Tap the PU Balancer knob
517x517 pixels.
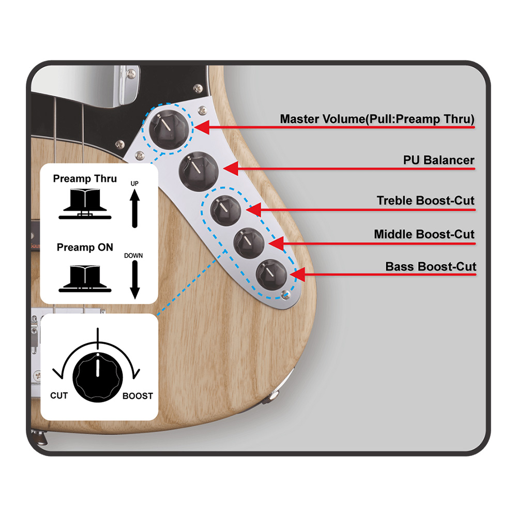[199, 172]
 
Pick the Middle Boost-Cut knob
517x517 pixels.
[249, 243]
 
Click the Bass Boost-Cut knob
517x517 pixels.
[272, 275]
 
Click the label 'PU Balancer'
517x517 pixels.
[438, 160]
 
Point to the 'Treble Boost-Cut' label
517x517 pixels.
[425, 201]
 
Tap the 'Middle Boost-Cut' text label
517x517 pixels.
[424, 234]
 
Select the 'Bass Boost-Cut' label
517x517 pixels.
[431, 266]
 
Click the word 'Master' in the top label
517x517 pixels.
[299, 119]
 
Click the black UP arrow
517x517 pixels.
[134, 208]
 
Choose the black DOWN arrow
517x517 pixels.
[134, 280]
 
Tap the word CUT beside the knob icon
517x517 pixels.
[59, 396]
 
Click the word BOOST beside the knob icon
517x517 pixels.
[138, 396]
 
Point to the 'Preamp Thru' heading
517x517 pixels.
[85, 179]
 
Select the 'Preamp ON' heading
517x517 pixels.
[85, 247]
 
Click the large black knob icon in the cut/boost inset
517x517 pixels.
[98, 377]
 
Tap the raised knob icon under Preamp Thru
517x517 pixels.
[85, 204]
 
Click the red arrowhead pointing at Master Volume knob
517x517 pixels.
[202, 127]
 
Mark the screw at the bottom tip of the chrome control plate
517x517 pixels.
[285, 295]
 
